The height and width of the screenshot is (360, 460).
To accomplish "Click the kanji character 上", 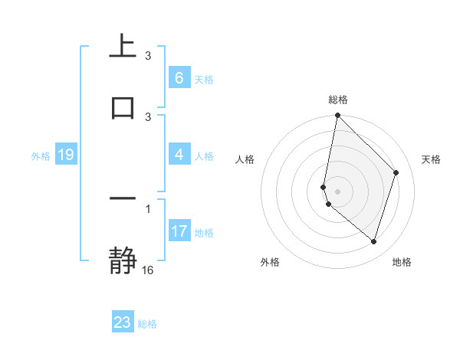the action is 123,47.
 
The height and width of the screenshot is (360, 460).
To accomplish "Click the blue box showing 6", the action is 179,78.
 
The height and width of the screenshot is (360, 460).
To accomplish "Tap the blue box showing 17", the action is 179,231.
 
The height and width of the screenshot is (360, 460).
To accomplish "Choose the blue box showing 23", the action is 123,322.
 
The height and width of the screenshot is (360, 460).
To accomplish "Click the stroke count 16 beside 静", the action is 148,270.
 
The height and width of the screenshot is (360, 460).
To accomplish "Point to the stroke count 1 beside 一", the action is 148,208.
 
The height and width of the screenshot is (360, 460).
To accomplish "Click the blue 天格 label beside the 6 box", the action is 204,80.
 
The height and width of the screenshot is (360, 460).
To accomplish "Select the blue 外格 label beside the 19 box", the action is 41,156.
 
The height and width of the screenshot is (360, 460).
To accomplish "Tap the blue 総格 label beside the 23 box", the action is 147,324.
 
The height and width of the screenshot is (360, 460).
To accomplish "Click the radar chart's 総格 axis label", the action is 337,100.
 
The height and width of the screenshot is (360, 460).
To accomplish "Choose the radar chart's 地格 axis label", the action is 402,263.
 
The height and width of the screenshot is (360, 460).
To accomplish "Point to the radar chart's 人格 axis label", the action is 245,159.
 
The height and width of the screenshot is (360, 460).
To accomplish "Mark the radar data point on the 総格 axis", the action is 337,115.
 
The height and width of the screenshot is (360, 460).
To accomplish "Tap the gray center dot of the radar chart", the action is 337,191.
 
